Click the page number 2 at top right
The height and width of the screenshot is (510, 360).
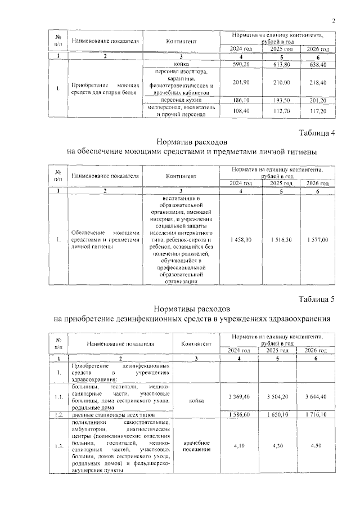pos(334,22)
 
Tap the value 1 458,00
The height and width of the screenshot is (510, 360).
pos(240,240)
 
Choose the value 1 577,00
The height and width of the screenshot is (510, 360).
pos(318,240)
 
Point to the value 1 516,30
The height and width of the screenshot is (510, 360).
pos(280,240)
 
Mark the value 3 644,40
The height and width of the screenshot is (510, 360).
pos(318,397)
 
